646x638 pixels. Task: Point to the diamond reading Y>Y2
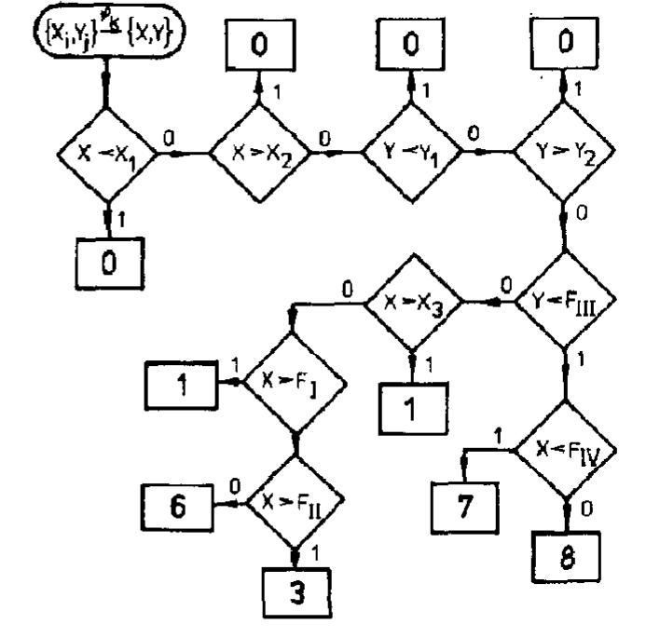(562, 154)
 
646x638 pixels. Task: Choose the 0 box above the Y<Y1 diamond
(408, 44)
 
